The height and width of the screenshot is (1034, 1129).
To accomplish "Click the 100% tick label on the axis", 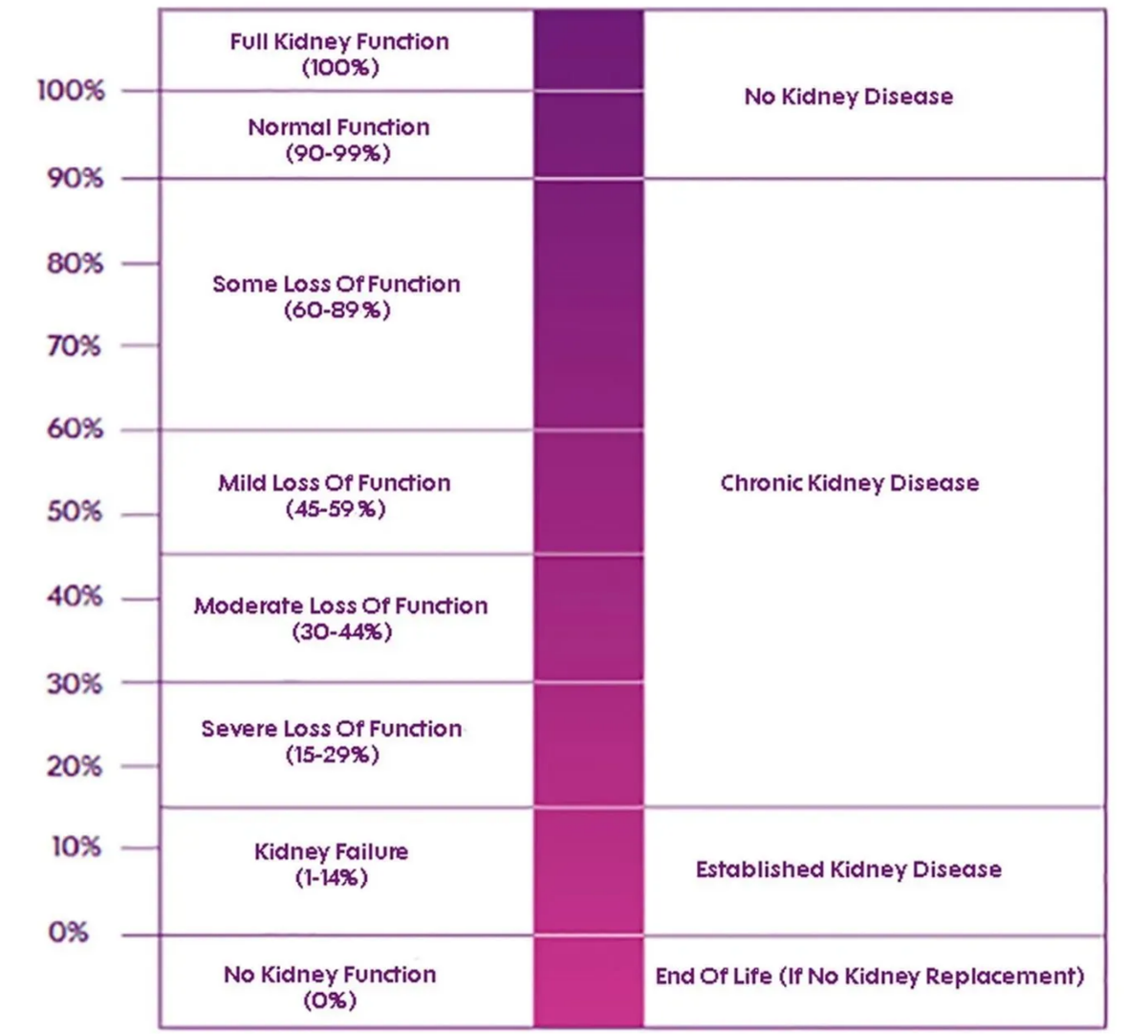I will (x=71, y=91).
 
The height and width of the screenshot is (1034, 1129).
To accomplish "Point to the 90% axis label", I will (x=75, y=179).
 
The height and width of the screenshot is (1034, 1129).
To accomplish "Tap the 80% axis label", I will (x=75, y=263).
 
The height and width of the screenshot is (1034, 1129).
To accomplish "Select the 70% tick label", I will (x=74, y=345).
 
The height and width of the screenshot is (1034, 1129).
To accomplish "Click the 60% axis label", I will (x=75, y=429).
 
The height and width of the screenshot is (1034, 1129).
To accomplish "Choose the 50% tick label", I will (x=75, y=512).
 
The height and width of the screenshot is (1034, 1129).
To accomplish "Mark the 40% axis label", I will (x=75, y=597).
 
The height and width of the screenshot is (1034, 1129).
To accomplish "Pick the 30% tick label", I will (x=74, y=683).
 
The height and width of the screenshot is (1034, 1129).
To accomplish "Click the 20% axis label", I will (x=75, y=766).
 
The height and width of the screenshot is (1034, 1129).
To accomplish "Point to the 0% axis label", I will (x=69, y=932).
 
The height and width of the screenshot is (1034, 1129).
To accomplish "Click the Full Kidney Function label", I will (x=339, y=42).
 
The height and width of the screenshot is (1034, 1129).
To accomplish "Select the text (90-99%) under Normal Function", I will (x=338, y=153).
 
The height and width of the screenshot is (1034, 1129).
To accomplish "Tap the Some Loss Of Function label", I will (x=337, y=284).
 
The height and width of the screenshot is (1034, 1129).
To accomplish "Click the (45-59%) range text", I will (x=336, y=509).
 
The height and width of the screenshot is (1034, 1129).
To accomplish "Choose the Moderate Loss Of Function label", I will (x=340, y=605).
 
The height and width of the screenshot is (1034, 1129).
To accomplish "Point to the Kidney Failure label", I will (x=332, y=851).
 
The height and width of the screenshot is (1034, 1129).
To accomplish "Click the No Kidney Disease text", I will (x=848, y=97).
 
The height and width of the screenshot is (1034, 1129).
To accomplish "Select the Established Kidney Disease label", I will (x=848, y=869).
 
